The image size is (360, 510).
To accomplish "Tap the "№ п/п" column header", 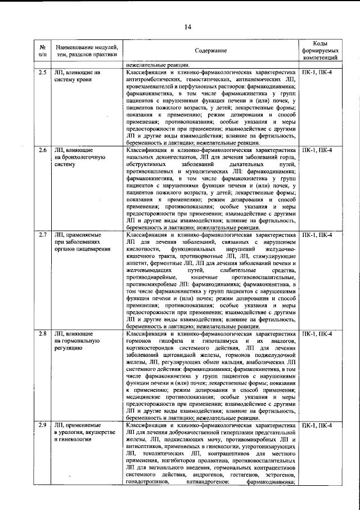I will click(x=43, y=51).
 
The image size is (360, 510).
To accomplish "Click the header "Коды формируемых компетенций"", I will click(x=319, y=51).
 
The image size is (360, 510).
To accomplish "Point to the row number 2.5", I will click(x=43, y=73).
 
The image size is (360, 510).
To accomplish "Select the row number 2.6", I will click(x=43, y=151).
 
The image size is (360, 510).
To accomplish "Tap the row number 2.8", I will click(x=43, y=334).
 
